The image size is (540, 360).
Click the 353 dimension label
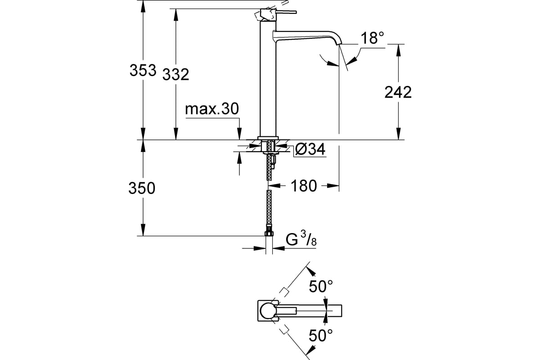[143, 71]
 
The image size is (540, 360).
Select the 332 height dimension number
[176, 74]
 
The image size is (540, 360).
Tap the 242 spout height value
[398, 92]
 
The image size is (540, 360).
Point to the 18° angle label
[373, 39]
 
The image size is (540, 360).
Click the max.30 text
[211, 109]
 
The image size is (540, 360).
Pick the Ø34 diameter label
[310, 149]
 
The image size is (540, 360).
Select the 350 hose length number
[142, 188]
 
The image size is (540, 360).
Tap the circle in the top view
[269, 310]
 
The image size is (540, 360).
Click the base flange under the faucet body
[269, 138]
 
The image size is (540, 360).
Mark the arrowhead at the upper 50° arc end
[310, 271]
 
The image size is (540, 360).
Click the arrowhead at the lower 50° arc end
[310, 350]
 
